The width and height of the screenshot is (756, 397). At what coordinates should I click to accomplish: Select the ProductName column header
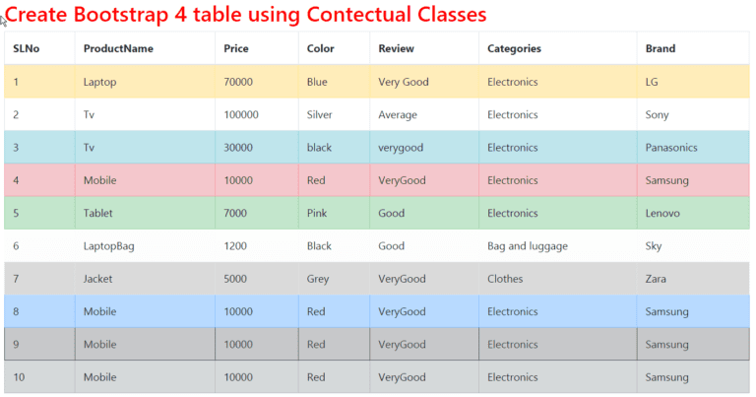tap(118, 48)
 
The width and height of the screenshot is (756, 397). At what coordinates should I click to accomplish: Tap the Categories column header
tap(514, 48)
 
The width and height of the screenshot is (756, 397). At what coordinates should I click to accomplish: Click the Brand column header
tap(661, 48)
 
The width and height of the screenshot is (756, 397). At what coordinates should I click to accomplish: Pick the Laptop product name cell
tap(99, 82)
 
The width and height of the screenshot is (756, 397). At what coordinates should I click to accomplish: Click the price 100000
tap(241, 114)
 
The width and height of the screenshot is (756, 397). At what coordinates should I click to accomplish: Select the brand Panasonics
tap(671, 148)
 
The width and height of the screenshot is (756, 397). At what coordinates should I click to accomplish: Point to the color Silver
tap(320, 114)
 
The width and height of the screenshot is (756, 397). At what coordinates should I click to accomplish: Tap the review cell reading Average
tap(398, 114)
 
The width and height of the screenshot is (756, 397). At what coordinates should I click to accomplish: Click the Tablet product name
tap(99, 213)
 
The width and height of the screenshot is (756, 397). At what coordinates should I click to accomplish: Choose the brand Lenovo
tap(663, 213)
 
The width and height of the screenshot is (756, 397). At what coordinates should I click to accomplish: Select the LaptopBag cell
tap(108, 246)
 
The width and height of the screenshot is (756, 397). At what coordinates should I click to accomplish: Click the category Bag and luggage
tap(528, 246)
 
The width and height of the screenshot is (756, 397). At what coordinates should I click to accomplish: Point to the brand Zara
tap(656, 279)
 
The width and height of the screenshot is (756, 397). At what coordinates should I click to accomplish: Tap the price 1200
tap(235, 246)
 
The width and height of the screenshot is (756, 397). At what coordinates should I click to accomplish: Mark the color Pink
tap(317, 213)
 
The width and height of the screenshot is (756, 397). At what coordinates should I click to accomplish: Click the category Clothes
tap(507, 279)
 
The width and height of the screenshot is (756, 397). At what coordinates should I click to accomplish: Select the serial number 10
tap(19, 377)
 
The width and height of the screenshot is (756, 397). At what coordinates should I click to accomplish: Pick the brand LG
tap(652, 82)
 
